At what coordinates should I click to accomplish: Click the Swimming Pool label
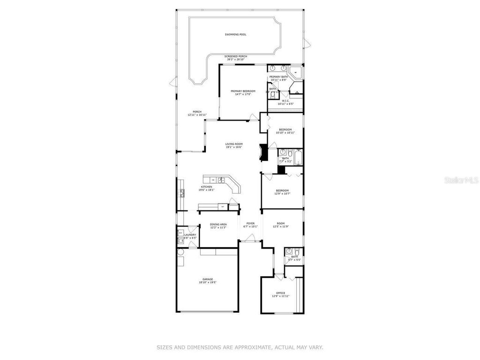(235, 35)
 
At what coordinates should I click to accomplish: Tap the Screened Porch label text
(236, 56)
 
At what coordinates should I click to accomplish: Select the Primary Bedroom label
(243, 91)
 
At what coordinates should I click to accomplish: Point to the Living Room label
(233, 144)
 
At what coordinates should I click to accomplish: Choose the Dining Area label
(218, 224)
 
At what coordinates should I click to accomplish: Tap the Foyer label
(250, 223)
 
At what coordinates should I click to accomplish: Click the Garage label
(208, 279)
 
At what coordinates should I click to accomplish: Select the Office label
(280, 293)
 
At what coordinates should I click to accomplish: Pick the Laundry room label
(190, 235)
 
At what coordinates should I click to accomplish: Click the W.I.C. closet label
(285, 100)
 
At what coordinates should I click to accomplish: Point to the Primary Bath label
(278, 77)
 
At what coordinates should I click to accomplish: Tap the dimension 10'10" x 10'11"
(285, 133)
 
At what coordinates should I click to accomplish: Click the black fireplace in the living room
(263, 153)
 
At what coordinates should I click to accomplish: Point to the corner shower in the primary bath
(296, 73)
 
